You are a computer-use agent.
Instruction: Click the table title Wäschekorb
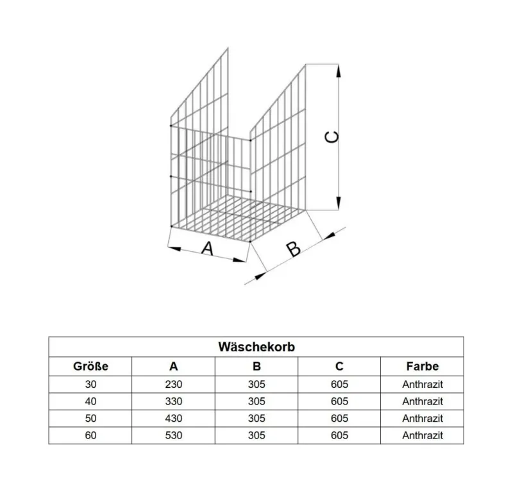(x=256, y=347)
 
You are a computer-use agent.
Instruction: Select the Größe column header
(x=90, y=366)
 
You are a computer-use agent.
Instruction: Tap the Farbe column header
(x=423, y=366)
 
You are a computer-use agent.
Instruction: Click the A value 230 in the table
(x=173, y=384)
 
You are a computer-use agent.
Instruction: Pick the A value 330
(x=173, y=401)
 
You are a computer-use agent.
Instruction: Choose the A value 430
(x=173, y=418)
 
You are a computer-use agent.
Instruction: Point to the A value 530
(x=173, y=435)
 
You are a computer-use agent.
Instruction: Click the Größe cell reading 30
(x=90, y=384)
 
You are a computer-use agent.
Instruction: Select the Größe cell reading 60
(x=90, y=435)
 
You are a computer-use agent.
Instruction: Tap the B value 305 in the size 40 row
(x=256, y=401)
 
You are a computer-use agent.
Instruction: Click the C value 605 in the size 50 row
(x=339, y=418)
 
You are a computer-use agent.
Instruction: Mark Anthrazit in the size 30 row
(x=423, y=384)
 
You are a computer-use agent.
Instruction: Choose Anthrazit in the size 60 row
(x=423, y=435)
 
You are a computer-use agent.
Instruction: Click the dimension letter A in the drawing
(x=207, y=249)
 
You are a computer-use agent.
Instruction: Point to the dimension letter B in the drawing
(x=293, y=249)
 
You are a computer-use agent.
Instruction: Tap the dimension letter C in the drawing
(x=332, y=137)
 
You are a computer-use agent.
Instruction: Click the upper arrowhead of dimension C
(x=339, y=71)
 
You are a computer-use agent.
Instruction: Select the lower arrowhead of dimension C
(x=339, y=203)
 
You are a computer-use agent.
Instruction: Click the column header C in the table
(x=339, y=366)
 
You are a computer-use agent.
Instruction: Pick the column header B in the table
(x=256, y=366)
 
